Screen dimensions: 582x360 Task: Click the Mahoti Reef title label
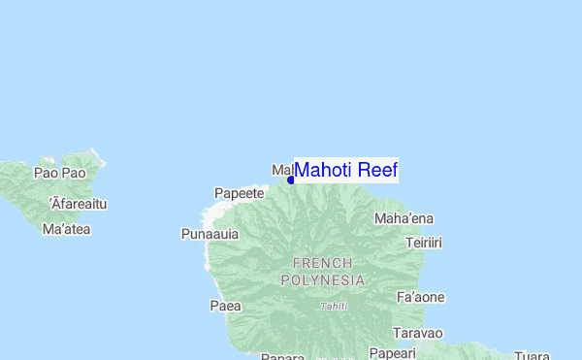[x=345, y=170]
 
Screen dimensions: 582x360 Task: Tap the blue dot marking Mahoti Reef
[x=291, y=180]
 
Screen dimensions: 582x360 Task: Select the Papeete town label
[x=240, y=193]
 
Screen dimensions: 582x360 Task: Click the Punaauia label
[x=210, y=234]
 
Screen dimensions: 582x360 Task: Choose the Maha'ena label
[x=404, y=218]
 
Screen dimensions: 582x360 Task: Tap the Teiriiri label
[x=424, y=243]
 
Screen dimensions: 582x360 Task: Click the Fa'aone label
[x=421, y=297]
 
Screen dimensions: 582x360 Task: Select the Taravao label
[x=419, y=333]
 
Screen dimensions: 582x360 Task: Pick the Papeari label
[x=392, y=352]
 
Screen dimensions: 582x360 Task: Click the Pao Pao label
[x=60, y=173]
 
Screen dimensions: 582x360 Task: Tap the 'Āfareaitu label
[x=78, y=204]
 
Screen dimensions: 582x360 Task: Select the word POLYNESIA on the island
[x=323, y=280]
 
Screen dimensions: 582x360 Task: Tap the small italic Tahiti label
[x=334, y=307]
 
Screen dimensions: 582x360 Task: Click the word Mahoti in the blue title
[x=324, y=170]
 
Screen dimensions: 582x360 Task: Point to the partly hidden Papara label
[x=283, y=356]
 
